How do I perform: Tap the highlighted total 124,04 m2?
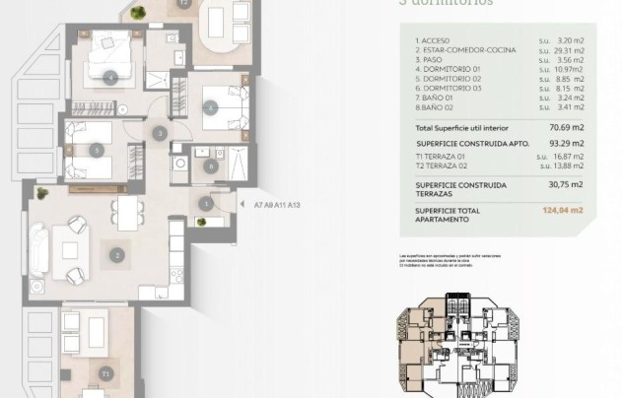point(563,210)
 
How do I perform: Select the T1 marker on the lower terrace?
point(105,374)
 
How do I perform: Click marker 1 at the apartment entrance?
point(206,204)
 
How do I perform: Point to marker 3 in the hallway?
point(159,133)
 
